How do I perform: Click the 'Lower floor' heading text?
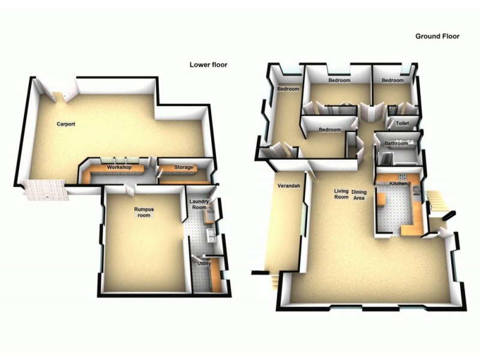click(x=208, y=65)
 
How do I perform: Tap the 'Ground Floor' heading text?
click(x=437, y=36)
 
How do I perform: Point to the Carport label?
click(x=65, y=124)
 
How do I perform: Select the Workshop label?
click(x=119, y=167)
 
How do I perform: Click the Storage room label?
click(x=184, y=167)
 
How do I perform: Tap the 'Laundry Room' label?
click(x=199, y=205)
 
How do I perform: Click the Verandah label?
click(x=288, y=186)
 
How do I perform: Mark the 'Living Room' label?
click(x=341, y=194)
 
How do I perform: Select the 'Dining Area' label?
click(x=359, y=194)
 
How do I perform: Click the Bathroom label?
click(x=397, y=144)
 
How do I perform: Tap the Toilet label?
click(x=402, y=124)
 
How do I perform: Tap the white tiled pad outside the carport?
click(x=42, y=191)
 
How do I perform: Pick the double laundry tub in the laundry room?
click(x=211, y=235)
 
